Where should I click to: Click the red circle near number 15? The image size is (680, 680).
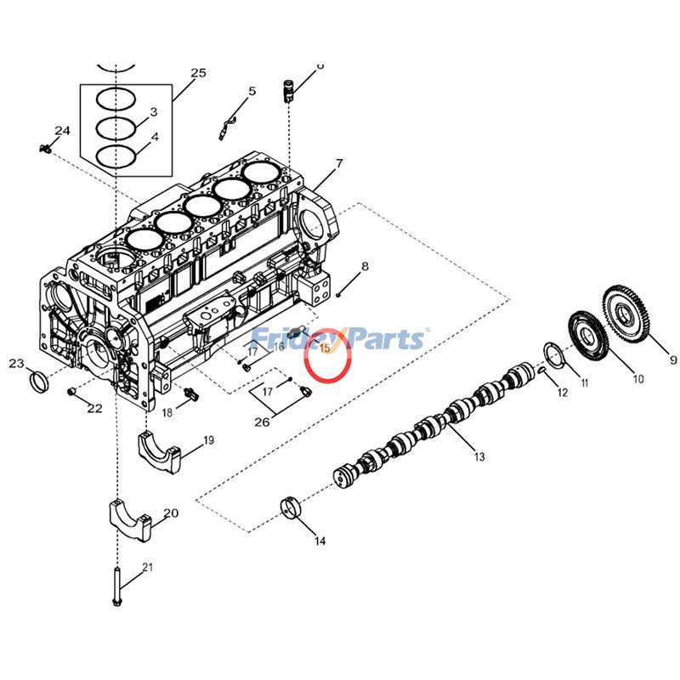[328, 358]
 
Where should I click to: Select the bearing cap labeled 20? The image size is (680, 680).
[128, 520]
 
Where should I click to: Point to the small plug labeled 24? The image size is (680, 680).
[46, 148]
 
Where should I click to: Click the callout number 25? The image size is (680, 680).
[197, 73]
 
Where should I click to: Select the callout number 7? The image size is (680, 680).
[339, 162]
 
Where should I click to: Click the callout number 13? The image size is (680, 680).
[479, 457]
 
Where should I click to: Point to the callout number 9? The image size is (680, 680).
[673, 360]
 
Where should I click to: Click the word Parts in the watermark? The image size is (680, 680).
[382, 339]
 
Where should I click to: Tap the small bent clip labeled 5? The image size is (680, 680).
[224, 128]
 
